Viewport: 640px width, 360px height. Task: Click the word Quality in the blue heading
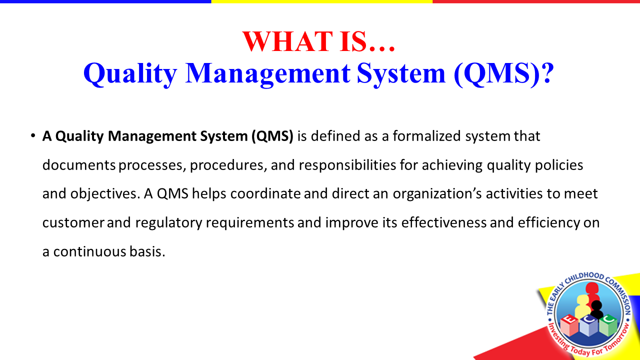click(x=130, y=73)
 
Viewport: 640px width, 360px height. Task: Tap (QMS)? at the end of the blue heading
click(x=503, y=73)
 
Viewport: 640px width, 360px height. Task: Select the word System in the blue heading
click(x=401, y=73)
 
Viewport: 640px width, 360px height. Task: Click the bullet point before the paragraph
click(x=33, y=135)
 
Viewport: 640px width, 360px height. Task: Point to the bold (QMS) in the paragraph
click(x=272, y=136)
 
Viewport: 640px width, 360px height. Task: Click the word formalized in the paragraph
click(x=426, y=135)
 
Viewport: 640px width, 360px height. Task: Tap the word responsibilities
click(x=347, y=165)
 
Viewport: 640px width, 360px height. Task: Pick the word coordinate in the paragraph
click(x=265, y=193)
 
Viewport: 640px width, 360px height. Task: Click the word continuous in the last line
click(x=89, y=251)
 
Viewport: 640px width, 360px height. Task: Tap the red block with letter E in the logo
click(x=569, y=325)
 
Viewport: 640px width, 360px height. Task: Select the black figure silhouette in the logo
click(x=596, y=309)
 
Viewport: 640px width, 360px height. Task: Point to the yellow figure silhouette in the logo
click(x=582, y=305)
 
